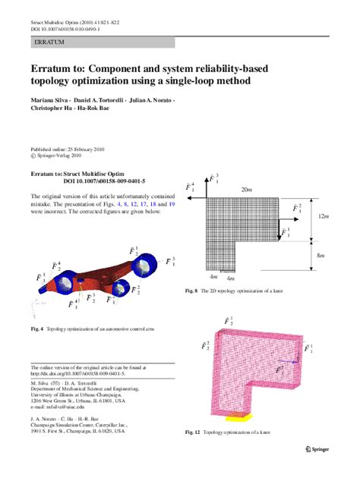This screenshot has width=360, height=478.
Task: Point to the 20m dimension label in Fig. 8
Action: pos(247,189)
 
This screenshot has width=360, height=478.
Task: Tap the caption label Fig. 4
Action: pos(36,329)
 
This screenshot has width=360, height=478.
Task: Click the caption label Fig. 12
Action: pos(193,432)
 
